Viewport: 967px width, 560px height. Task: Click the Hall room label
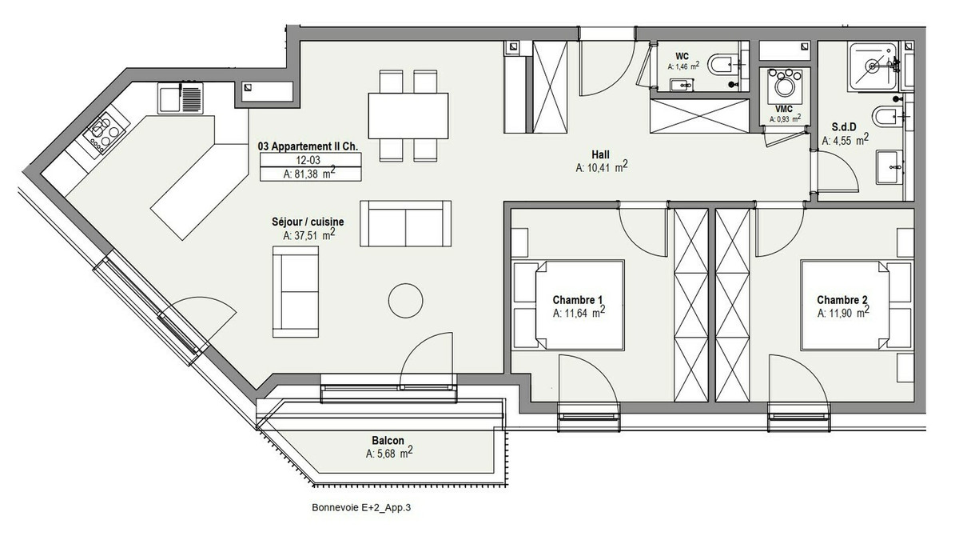click(600, 154)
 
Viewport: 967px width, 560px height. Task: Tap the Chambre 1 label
click(578, 300)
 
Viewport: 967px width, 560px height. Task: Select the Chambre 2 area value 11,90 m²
click(843, 313)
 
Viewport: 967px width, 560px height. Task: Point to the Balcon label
click(388, 440)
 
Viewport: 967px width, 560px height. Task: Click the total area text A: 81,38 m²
click(309, 174)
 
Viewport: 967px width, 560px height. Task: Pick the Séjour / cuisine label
click(308, 222)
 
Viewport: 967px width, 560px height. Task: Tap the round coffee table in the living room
click(405, 301)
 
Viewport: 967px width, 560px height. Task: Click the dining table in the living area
click(408, 116)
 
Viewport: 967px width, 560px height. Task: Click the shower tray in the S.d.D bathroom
click(873, 66)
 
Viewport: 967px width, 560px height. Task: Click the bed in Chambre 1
click(579, 305)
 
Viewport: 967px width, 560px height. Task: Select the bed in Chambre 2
click(845, 305)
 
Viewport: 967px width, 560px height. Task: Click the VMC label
click(783, 110)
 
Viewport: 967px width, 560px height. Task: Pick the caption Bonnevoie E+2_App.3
click(361, 508)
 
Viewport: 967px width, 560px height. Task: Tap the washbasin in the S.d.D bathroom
click(889, 166)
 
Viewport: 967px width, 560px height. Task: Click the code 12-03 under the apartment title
click(308, 160)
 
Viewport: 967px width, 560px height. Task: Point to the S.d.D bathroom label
click(844, 127)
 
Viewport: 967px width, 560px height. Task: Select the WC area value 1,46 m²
click(683, 66)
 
